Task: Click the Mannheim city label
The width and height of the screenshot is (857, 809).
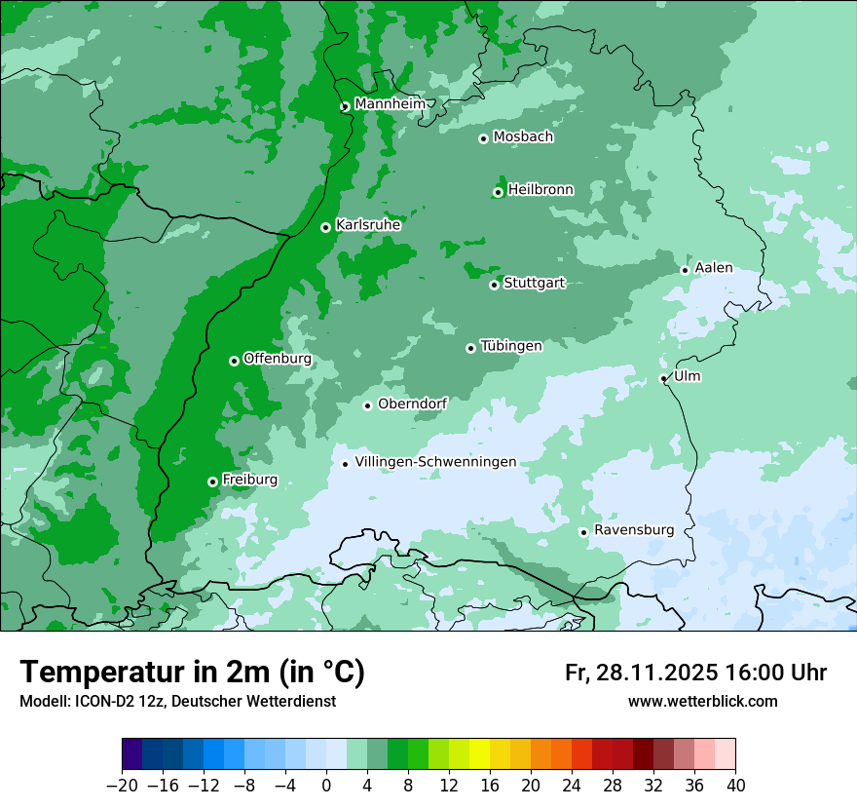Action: [x=391, y=104]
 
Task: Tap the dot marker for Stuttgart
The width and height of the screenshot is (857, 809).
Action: [x=495, y=285]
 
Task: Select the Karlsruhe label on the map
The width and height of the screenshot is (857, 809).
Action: [x=368, y=225]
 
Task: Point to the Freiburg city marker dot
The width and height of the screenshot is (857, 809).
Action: [x=212, y=482]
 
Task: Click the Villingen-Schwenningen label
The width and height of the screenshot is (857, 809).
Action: [x=435, y=462]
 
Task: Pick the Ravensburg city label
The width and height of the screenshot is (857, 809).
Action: [x=634, y=530]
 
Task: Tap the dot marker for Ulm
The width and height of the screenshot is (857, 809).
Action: [x=663, y=378]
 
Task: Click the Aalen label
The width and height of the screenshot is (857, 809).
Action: [x=714, y=268]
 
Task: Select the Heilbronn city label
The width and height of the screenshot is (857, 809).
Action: [x=540, y=190]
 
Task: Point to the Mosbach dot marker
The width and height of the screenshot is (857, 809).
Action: [x=483, y=138]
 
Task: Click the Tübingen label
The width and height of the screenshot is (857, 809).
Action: [x=511, y=346]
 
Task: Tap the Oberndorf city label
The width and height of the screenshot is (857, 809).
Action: [x=412, y=404]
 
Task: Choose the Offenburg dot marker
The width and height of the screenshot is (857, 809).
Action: [x=234, y=361]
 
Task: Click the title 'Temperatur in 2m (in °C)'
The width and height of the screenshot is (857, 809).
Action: [x=192, y=672]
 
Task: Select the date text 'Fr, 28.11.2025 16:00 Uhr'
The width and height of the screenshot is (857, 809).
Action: [x=695, y=673]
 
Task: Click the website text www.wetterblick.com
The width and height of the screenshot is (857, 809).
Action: [x=702, y=701]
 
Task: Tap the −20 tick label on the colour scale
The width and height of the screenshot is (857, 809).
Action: [x=122, y=786]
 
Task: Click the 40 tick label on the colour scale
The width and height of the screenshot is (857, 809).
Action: [x=735, y=786]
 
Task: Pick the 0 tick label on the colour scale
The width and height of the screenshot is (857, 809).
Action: [x=326, y=786]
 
